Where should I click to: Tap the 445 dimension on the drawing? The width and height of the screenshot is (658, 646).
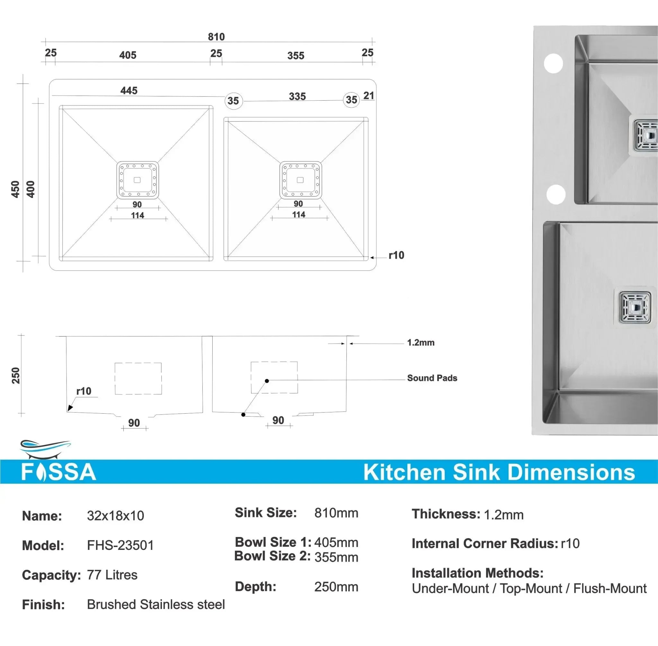tap(129, 91)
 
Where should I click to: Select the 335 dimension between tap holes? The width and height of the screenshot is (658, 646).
tap(298, 96)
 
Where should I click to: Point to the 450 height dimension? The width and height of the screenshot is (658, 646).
tap(15, 189)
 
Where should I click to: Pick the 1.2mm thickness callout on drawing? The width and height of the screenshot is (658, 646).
tap(421, 343)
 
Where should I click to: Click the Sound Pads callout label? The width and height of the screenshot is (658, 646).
tap(432, 378)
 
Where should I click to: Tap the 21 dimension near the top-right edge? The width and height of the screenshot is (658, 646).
tap(369, 96)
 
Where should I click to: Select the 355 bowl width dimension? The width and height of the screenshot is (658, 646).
tap(296, 56)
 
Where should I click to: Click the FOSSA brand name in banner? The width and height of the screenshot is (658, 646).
tap(59, 472)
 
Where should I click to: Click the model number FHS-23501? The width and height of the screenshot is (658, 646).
tap(120, 545)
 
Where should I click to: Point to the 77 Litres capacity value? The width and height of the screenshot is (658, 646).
tap(112, 575)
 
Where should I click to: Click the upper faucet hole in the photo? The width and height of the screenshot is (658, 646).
tap(553, 63)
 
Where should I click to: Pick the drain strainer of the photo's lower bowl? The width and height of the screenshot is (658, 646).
tap(635, 307)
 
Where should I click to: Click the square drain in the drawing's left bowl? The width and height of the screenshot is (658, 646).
tap(138, 180)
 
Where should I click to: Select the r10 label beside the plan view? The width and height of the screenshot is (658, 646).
tap(396, 255)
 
